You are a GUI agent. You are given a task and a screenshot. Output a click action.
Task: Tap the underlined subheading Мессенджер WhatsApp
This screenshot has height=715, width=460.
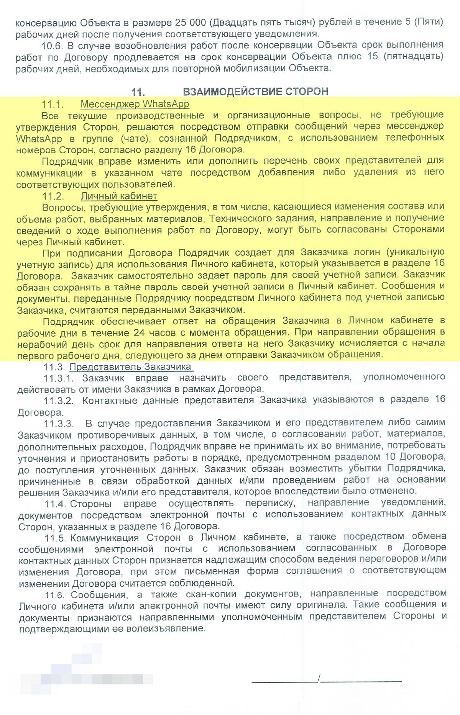pyautogui.click(x=135, y=104)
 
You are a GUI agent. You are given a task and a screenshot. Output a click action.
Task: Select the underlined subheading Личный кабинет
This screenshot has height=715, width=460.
pyautogui.click(x=119, y=196)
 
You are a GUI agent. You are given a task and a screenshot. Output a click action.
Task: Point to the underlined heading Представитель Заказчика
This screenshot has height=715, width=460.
pyautogui.click(x=130, y=367)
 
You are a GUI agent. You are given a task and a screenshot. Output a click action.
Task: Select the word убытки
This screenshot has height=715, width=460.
pyautogui.click(x=366, y=468)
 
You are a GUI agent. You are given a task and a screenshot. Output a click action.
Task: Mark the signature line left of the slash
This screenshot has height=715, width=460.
pyautogui.click(x=284, y=681)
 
